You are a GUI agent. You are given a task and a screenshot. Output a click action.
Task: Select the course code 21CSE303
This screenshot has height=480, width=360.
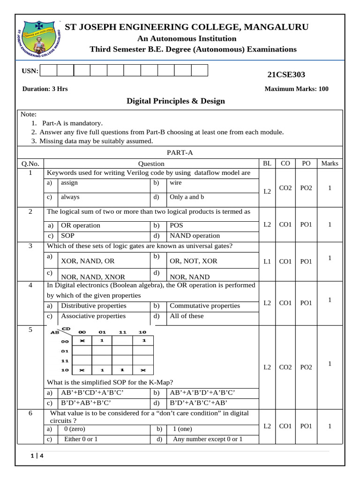point(286,75)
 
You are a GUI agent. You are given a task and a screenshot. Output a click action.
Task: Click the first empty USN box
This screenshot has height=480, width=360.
point(49,70)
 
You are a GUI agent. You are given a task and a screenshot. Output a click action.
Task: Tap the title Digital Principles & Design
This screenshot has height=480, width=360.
point(176,101)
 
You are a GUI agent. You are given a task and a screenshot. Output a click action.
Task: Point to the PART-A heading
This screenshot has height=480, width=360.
point(180,152)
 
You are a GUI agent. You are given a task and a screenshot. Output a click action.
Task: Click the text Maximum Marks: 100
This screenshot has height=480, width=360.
point(296,89)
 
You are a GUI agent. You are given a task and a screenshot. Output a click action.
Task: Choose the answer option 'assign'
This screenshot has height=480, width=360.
point(69,183)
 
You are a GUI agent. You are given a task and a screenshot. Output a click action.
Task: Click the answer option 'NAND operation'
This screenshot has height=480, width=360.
point(195,236)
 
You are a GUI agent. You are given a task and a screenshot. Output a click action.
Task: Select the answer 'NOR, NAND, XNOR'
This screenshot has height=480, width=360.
point(89,277)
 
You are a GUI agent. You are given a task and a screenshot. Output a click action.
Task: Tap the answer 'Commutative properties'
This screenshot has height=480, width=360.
point(204,306)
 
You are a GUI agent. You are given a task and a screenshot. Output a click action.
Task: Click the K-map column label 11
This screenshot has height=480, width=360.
point(122,332)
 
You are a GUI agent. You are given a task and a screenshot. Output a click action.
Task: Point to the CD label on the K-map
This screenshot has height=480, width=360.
point(66,329)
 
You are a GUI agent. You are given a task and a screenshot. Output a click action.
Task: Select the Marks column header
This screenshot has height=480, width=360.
point(330,164)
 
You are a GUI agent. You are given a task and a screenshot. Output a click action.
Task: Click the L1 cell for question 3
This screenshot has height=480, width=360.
point(267,262)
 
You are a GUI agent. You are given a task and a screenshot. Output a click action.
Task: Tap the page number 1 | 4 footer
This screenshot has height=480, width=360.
point(37,456)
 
